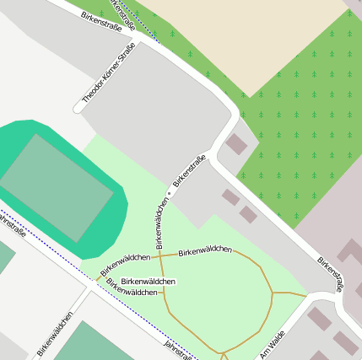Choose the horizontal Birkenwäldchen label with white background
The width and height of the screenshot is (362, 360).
[x=149, y=281]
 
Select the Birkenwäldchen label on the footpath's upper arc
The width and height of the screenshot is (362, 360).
[x=205, y=250]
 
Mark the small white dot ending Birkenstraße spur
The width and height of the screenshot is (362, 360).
[x=170, y=193]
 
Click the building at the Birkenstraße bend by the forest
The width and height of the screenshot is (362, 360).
[x=236, y=144]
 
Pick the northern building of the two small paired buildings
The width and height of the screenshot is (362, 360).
[x=230, y=197]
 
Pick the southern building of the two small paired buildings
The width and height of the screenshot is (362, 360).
[x=247, y=214]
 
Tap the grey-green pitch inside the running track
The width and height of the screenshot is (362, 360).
[x=56, y=187]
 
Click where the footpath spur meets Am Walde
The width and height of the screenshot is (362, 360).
[x=307, y=295]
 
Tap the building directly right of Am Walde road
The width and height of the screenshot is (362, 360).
[x=319, y=318]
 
